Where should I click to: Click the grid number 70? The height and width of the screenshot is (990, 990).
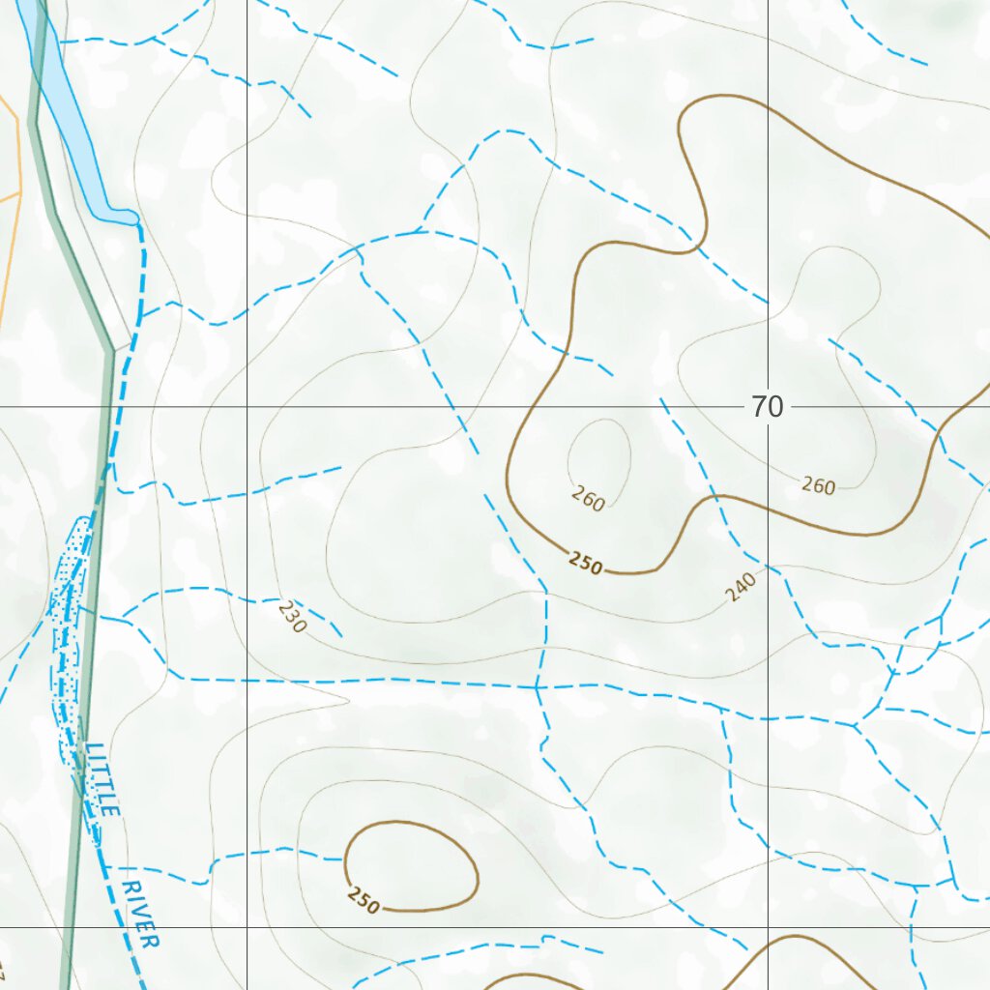(x=767, y=407)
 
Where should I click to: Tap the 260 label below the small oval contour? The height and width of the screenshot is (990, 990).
(x=588, y=499)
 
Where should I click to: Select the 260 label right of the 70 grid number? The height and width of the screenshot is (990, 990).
(x=818, y=486)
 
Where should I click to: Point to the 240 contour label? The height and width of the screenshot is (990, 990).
(x=742, y=586)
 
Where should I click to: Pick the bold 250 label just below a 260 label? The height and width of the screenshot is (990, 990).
(x=586, y=563)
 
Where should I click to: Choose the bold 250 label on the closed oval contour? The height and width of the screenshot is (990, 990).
(x=364, y=900)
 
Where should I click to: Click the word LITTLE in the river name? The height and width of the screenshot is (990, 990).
(x=102, y=779)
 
